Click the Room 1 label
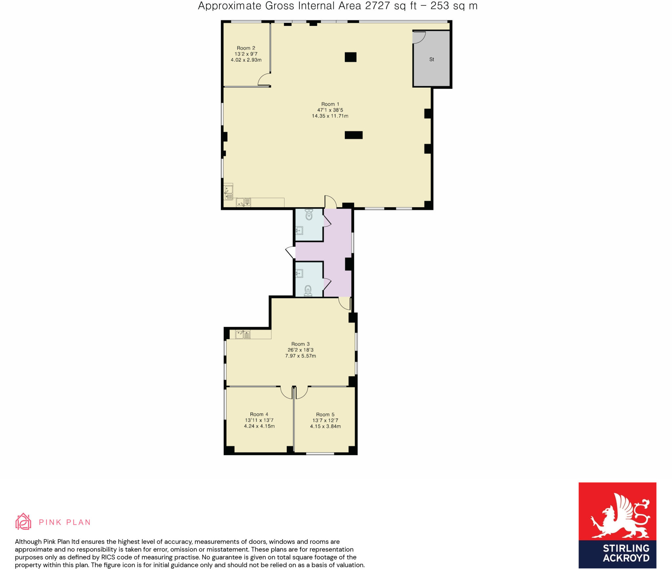tap(330, 104)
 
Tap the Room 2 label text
tap(246, 48)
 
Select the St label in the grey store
tap(431, 59)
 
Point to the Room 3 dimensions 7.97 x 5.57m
tap(301, 356)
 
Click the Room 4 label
tap(259, 414)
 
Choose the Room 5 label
tap(325, 415)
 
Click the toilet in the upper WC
tap(309, 214)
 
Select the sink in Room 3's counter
tap(243, 335)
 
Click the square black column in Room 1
tap(350, 57)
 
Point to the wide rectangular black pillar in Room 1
tap(354, 135)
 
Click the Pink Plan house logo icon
tap(23, 521)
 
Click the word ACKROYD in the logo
tap(626, 558)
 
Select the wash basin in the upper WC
tap(299, 231)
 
